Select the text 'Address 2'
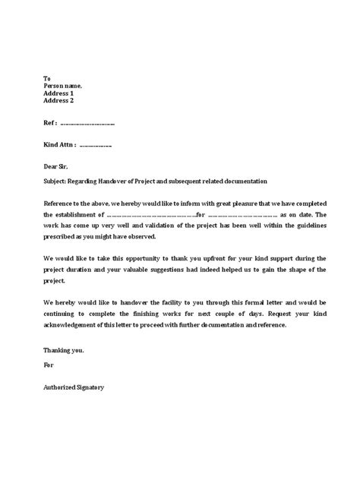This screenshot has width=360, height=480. tap(60, 101)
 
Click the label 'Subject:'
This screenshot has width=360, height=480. tap(58, 182)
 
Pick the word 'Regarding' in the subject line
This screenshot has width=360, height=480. tap(90, 182)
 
